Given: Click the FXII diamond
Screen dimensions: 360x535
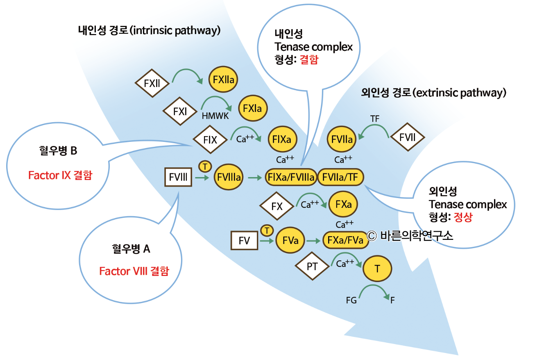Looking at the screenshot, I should tap(152, 84).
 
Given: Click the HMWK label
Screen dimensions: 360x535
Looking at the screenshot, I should tap(215, 116).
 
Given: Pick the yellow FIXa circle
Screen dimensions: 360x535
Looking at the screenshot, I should tap(281, 139).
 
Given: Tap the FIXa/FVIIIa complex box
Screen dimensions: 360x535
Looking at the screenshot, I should tap(290, 177).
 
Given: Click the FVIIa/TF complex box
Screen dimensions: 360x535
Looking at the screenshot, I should tap(340, 177).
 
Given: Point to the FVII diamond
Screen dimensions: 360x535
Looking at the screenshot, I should tap(408, 138).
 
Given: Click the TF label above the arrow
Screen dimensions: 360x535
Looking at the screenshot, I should tap(374, 119).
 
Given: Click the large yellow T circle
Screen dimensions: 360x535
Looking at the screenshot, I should tap(377, 269).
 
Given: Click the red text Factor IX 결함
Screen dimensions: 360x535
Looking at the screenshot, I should tap(60, 175).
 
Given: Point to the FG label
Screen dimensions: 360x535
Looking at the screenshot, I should tap(351, 301).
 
